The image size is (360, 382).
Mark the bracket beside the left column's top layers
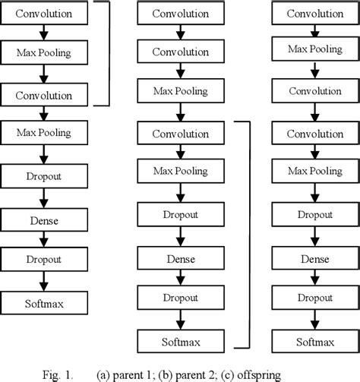coord(109,53)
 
